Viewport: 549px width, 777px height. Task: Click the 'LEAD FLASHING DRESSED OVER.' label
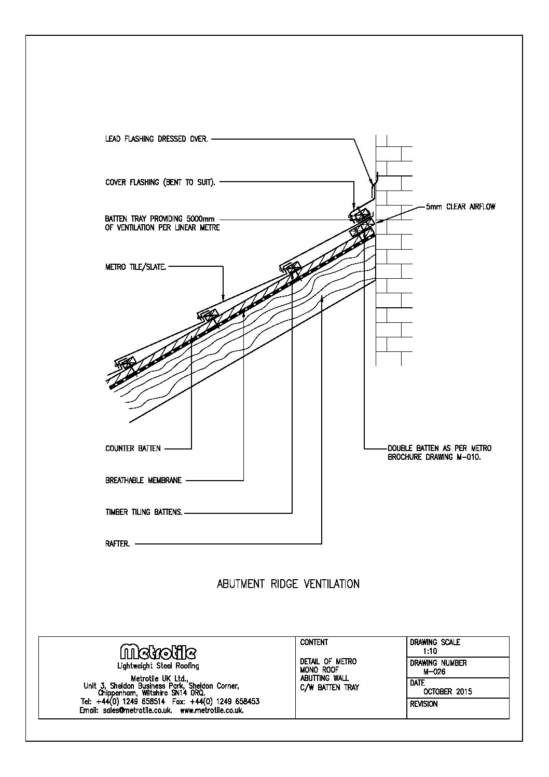[x=156, y=139]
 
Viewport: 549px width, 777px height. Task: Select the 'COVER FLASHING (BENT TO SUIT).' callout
[x=160, y=183]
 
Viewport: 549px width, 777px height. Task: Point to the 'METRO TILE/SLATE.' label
[x=136, y=267]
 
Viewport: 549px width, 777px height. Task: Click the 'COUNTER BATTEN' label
[x=133, y=448]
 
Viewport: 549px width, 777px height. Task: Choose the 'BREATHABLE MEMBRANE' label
[x=143, y=481]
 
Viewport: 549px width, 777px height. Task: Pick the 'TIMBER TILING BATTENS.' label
[x=144, y=512]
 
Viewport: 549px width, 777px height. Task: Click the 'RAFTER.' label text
[x=117, y=544]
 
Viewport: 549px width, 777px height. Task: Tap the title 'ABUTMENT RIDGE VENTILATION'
[x=288, y=584]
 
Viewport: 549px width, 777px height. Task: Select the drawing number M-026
[x=434, y=672]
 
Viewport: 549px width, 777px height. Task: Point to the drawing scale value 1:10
[x=430, y=651]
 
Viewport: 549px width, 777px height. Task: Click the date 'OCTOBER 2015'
[x=448, y=691]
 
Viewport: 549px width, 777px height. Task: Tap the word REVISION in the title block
[x=423, y=704]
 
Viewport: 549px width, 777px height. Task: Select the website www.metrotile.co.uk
[x=212, y=711]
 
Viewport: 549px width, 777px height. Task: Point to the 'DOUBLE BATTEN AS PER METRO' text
[x=440, y=448]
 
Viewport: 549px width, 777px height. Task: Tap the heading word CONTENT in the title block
[x=314, y=643]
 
